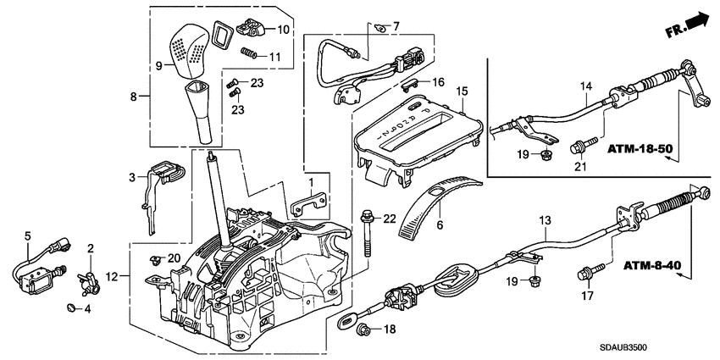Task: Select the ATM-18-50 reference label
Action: click(x=641, y=149)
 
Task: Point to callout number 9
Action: click(x=158, y=65)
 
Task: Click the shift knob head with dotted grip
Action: click(x=190, y=50)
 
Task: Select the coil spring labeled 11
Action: click(x=249, y=55)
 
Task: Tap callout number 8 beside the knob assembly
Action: click(x=133, y=97)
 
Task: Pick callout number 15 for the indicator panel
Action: click(x=461, y=91)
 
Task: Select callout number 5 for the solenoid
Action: click(x=27, y=236)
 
